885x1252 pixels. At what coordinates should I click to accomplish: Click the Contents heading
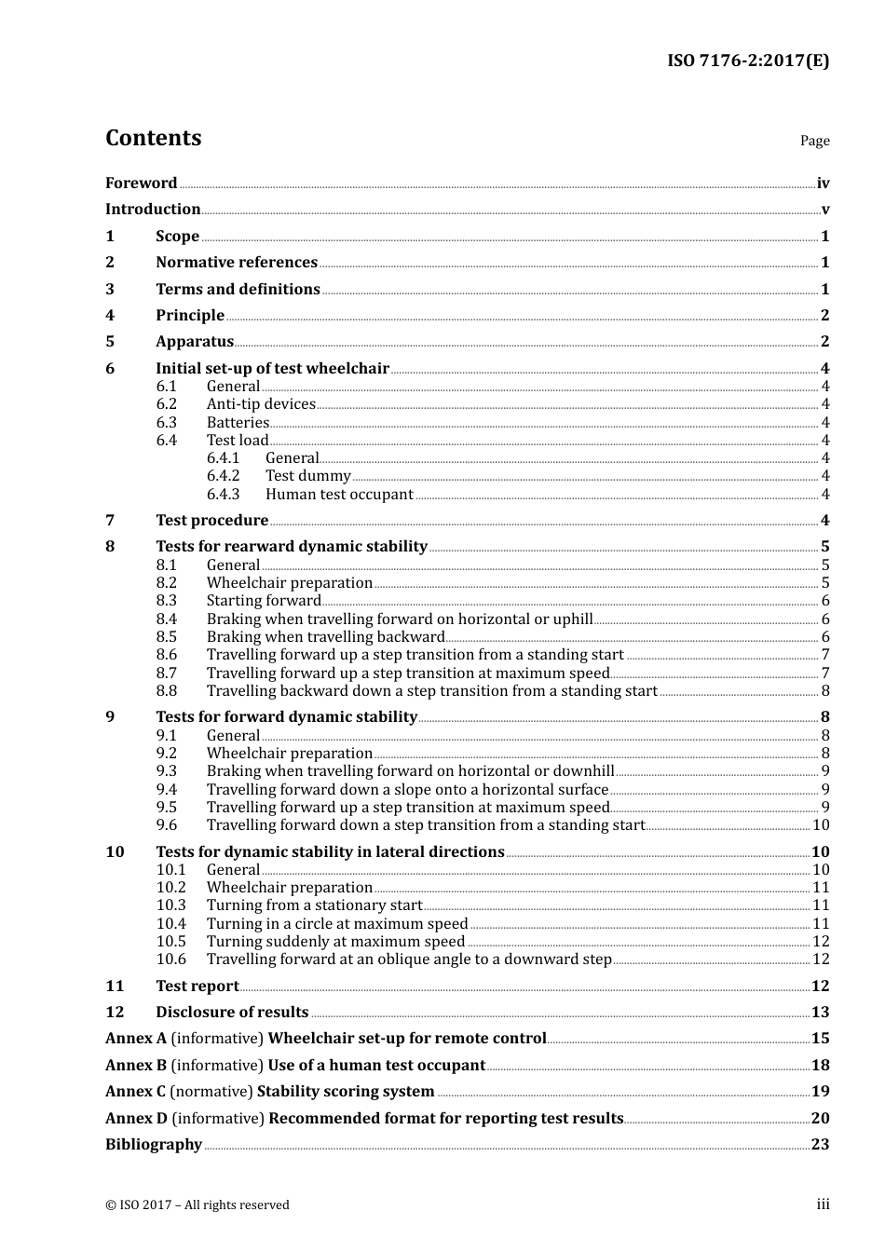point(153,138)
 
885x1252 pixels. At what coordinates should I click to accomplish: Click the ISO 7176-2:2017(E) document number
point(747,61)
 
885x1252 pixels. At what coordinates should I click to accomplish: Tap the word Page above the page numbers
point(814,141)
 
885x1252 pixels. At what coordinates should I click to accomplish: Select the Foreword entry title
point(141,184)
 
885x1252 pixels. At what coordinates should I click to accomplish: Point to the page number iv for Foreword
point(823,184)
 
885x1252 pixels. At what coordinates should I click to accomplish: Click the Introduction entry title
point(153,210)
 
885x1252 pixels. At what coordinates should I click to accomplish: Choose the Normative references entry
point(237,263)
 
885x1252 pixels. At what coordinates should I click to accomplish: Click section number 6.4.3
point(223,495)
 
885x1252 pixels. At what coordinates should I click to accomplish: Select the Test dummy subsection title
point(307,476)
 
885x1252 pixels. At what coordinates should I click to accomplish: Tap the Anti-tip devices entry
point(261,404)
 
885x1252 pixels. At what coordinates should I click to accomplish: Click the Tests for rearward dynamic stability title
point(292,547)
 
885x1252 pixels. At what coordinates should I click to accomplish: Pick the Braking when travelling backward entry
point(325,637)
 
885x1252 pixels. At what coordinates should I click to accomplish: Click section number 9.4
point(166,790)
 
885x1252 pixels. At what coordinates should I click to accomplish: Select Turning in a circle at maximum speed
point(337,924)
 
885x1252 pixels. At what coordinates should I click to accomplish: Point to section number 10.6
point(170,959)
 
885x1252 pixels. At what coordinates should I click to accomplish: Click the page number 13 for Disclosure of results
point(820,1013)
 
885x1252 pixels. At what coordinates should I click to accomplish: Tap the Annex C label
point(135,1092)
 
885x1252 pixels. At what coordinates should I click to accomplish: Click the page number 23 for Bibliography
point(820,1145)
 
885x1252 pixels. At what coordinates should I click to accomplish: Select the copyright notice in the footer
point(197,1205)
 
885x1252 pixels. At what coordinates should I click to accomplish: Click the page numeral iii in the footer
point(823,1204)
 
